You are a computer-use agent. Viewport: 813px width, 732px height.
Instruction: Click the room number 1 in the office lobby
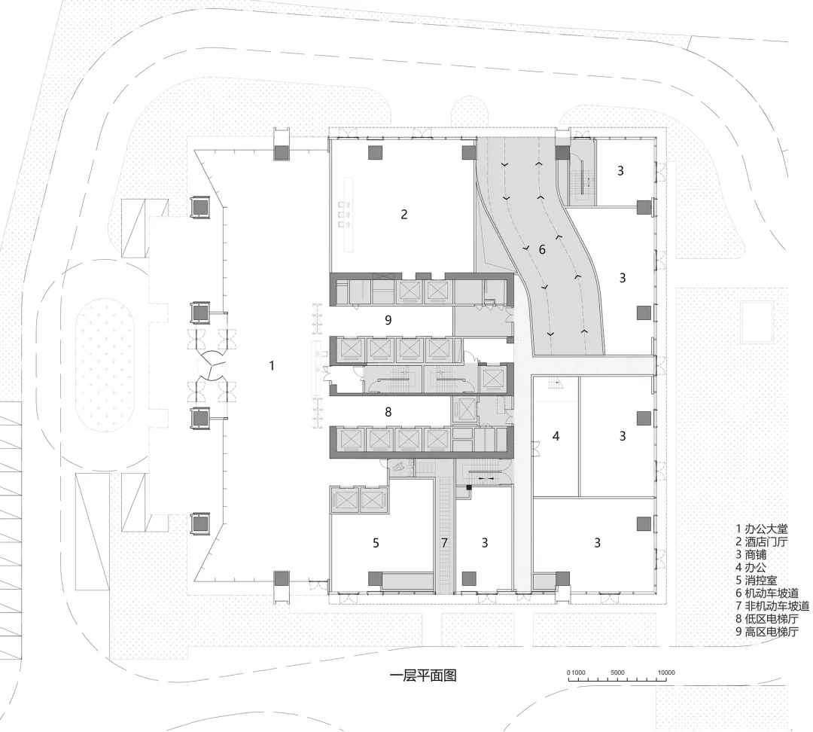click(x=273, y=365)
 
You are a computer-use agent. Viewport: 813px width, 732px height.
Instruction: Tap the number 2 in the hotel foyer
click(x=404, y=215)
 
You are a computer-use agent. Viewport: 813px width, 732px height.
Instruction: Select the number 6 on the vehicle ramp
click(x=542, y=249)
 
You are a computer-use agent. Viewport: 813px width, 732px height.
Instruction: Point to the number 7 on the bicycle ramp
click(x=444, y=541)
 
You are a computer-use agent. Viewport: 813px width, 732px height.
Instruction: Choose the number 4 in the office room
click(x=556, y=436)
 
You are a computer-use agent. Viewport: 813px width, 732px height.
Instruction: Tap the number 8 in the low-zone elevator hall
click(x=388, y=412)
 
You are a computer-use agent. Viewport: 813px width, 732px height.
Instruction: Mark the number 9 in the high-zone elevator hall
click(x=388, y=320)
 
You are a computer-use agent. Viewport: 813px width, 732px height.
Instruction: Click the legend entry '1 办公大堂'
click(x=762, y=529)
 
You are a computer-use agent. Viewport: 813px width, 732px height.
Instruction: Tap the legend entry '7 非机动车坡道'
click(x=772, y=605)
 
